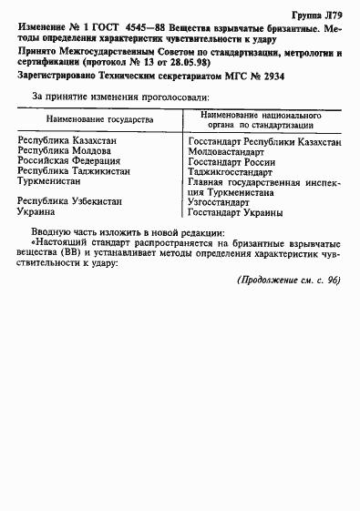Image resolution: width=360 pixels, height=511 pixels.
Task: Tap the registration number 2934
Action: point(273,78)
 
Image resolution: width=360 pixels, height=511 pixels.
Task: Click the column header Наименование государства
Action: point(100,120)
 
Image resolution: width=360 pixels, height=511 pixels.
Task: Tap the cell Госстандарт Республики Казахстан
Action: point(265,142)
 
